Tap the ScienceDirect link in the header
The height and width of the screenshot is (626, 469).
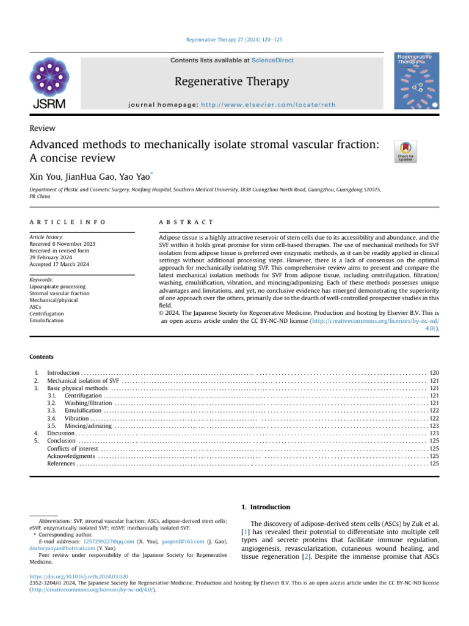click(x=273, y=61)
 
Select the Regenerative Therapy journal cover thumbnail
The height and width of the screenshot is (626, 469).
click(x=416, y=81)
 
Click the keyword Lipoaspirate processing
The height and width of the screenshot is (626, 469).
click(x=57, y=286)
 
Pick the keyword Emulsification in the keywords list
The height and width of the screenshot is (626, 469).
click(x=48, y=320)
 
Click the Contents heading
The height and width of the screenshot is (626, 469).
click(x=42, y=356)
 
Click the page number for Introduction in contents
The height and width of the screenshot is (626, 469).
click(x=434, y=373)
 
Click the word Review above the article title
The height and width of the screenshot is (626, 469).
click(x=42, y=128)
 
